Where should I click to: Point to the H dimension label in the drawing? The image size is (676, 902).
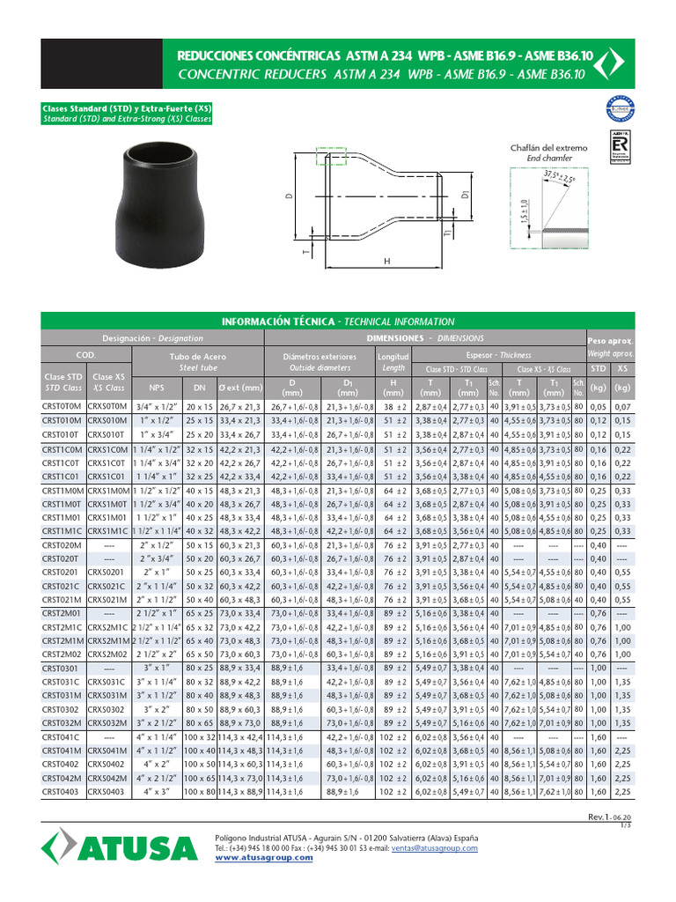tap(386, 262)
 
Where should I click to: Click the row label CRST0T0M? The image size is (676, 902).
tap(62, 407)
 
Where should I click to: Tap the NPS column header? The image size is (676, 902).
tap(157, 387)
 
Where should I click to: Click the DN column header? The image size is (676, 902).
tap(198, 387)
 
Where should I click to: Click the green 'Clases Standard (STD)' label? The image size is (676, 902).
tap(128, 107)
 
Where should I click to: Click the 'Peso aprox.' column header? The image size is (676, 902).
tap(609, 340)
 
